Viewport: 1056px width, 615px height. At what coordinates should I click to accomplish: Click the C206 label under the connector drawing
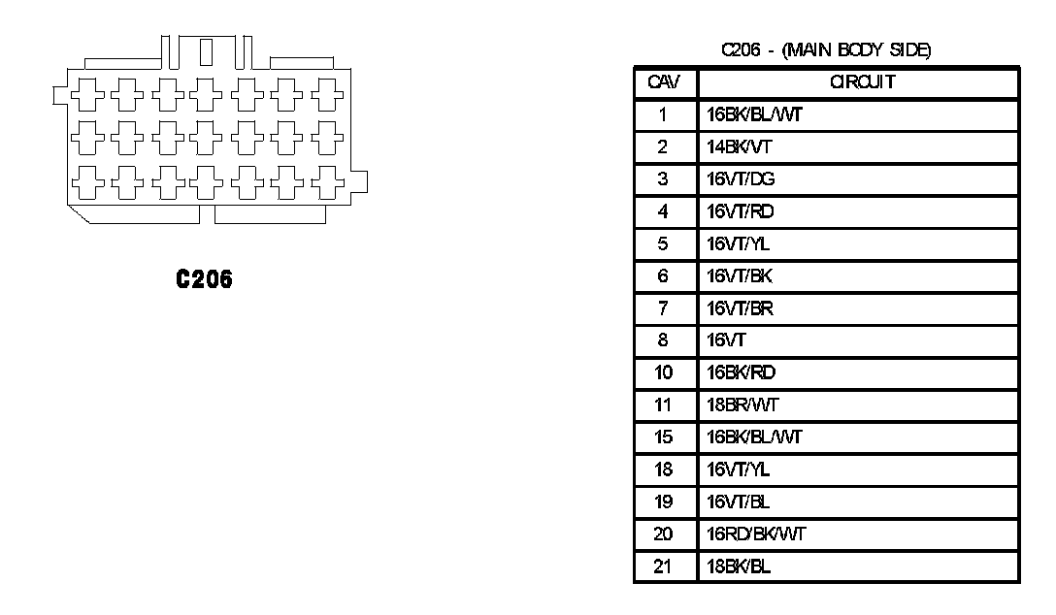(x=204, y=280)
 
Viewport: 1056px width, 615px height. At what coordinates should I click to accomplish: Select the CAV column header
(x=665, y=82)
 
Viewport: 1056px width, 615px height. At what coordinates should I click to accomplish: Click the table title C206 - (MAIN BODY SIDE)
(x=826, y=50)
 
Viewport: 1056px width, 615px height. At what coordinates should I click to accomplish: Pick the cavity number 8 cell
(x=664, y=340)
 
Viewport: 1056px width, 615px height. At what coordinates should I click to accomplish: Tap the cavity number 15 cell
(x=664, y=437)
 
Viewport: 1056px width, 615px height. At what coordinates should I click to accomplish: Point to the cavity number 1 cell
(x=664, y=115)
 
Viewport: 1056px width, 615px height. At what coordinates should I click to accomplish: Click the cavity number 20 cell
(x=664, y=534)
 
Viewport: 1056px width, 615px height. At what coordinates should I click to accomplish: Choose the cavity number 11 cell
(x=664, y=405)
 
